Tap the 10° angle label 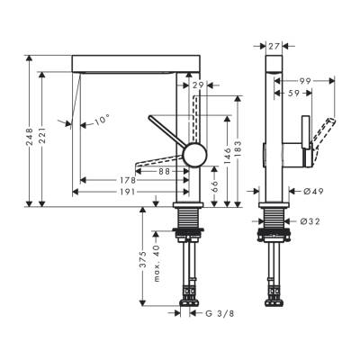tap(102, 119)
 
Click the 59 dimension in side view tap(294, 92)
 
